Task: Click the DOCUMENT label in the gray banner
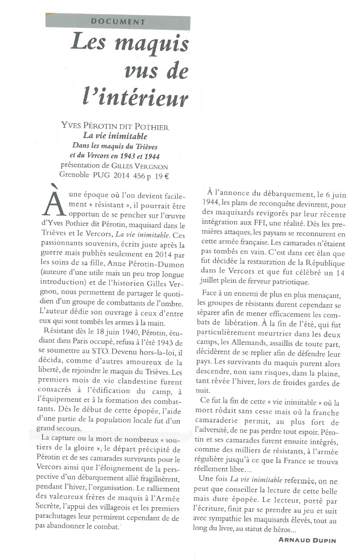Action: pyautogui.click(x=118, y=22)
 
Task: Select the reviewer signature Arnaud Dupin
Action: pyautogui.click(x=307, y=540)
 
